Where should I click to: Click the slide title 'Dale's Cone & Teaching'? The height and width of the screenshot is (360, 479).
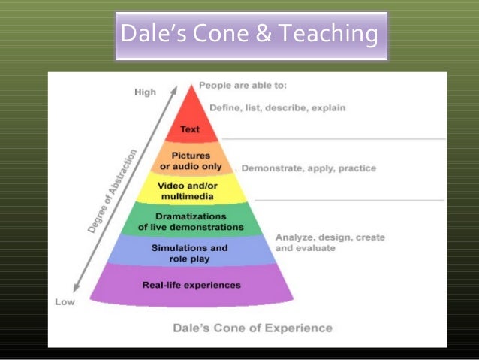point(251,35)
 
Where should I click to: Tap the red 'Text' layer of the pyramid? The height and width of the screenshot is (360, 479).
point(190,129)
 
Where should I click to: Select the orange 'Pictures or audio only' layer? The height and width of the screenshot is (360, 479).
point(191,160)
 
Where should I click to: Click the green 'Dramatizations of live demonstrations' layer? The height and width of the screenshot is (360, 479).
point(191,221)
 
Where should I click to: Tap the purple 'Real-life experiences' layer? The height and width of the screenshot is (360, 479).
point(191,285)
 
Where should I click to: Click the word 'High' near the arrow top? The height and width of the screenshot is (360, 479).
point(145,92)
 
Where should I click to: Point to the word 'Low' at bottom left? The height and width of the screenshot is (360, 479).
point(65,302)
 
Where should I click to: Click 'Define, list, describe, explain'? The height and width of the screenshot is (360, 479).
point(277,107)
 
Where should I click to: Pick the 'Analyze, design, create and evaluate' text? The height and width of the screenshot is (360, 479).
point(330,242)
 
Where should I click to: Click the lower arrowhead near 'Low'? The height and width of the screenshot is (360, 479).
point(77,290)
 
